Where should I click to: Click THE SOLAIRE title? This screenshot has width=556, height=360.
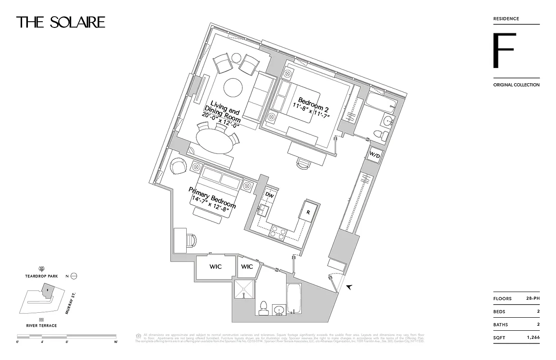(x=61, y=22)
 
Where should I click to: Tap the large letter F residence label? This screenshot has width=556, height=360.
(x=503, y=50)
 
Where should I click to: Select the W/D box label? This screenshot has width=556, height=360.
(x=375, y=155)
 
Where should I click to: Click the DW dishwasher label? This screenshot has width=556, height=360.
(x=269, y=195)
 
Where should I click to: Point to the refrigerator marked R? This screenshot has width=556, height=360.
(x=309, y=211)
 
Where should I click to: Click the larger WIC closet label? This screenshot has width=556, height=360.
(x=215, y=267)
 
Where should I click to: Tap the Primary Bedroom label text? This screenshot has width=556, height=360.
(x=212, y=199)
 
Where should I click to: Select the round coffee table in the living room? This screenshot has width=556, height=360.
(x=233, y=88)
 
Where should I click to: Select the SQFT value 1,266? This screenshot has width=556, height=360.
(x=533, y=337)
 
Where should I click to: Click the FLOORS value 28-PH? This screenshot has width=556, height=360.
(x=532, y=298)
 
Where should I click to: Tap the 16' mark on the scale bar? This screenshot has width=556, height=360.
(x=116, y=342)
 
